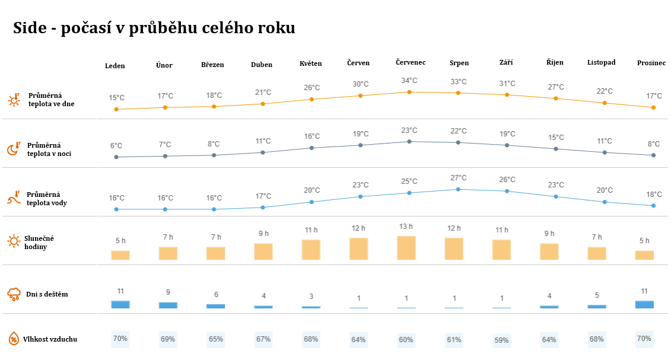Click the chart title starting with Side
(154, 28)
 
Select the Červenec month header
(411, 62)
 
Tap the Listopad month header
(601, 62)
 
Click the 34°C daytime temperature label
(409, 81)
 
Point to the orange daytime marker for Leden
(116, 109)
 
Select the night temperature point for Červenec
(409, 142)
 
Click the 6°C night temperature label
(116, 146)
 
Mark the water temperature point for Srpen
(458, 189)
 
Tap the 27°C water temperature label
(459, 178)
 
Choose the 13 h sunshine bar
(406, 248)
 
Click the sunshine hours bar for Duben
(263, 251)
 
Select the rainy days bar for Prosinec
(644, 304)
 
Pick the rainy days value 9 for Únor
(168, 292)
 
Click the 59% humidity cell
(501, 340)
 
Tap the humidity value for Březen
(216, 339)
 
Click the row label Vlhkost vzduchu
(51, 339)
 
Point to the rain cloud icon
(14, 294)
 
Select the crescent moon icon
(14, 149)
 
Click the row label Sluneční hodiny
(39, 242)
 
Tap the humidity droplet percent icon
(14, 339)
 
